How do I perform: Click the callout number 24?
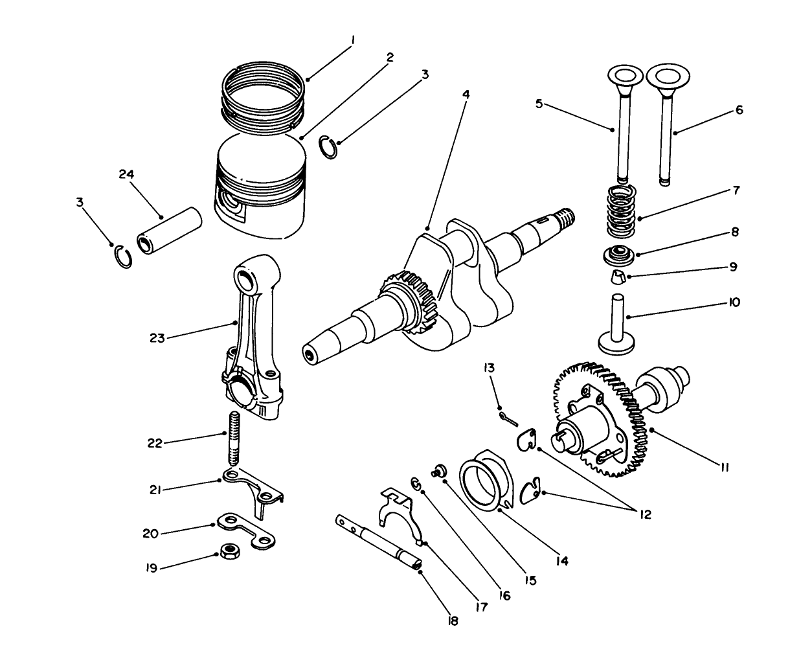point(127,174)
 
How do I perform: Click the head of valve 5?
point(624,74)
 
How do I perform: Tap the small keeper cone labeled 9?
point(620,279)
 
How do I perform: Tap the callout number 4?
point(466,94)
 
